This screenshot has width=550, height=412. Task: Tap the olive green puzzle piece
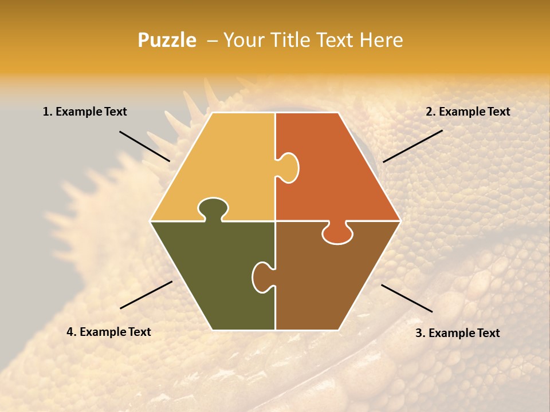pos(212,275)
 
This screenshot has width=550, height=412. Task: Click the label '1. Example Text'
pos(85,112)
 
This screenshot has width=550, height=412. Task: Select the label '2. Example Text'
pos(467,112)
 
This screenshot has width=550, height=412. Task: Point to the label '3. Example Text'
pos(457,333)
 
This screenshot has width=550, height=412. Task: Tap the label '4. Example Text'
pos(109,332)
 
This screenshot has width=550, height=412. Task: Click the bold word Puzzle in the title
pos(167,40)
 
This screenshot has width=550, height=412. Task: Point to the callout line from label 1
pos(144,146)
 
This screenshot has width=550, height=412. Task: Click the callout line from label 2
pos(412,146)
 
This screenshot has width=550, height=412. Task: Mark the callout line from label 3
pos(407,298)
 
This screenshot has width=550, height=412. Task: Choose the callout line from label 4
pos(146,295)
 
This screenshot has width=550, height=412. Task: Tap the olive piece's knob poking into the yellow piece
pos(213,208)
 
